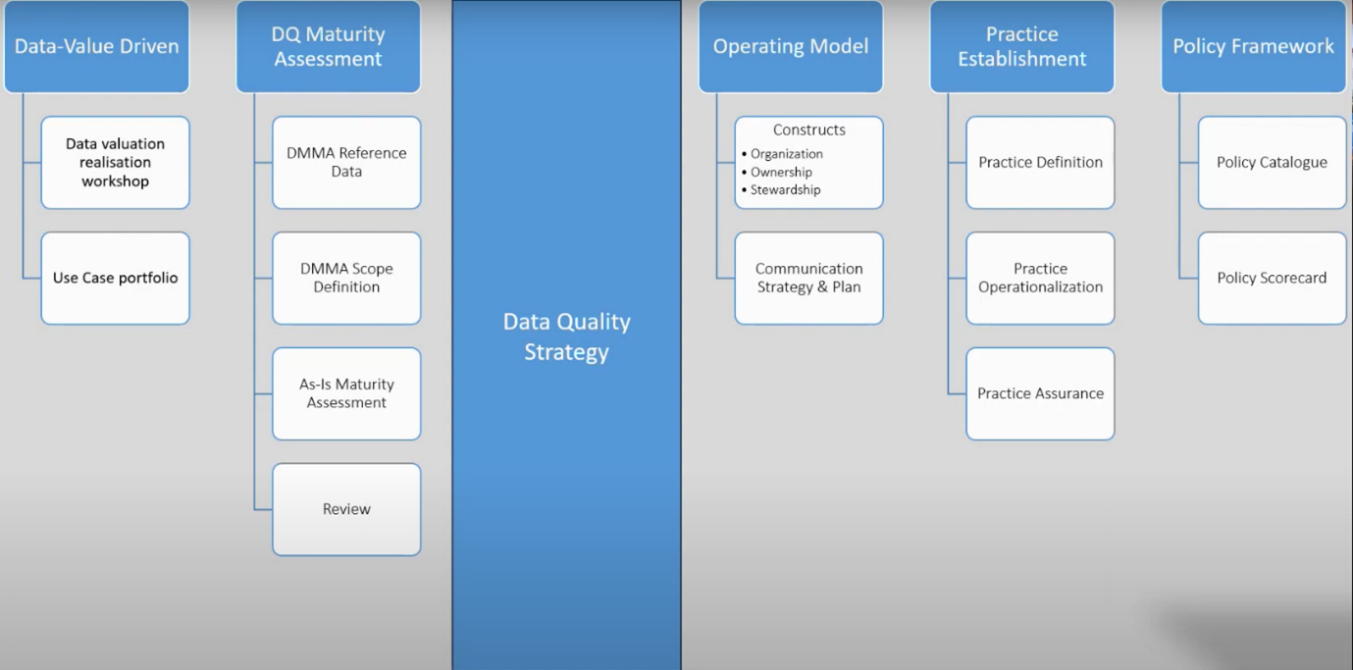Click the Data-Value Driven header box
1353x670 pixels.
pos(96,46)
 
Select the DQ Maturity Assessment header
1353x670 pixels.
pos(328,46)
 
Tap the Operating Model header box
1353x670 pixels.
pos(791,46)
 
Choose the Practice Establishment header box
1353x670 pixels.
pos(1022,46)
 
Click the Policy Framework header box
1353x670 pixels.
pos(1253,46)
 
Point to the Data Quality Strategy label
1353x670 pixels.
pos(566,336)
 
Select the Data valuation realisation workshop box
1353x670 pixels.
pos(116,163)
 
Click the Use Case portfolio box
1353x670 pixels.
pos(116,278)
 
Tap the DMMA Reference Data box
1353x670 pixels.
pos(346,163)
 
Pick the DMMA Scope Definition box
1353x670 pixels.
pos(346,278)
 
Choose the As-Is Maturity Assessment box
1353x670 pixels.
pos(346,393)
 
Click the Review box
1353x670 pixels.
pos(346,509)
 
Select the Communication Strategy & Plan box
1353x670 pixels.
pos(808,278)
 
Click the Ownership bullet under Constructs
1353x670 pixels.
pos(777,173)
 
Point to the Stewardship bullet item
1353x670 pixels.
pos(781,189)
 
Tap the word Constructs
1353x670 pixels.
pos(809,129)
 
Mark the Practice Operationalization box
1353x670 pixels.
pos(1040,278)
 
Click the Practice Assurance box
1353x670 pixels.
pos(1040,393)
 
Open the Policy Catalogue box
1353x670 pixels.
pos(1273,163)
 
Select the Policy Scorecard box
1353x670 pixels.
pos(1273,278)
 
